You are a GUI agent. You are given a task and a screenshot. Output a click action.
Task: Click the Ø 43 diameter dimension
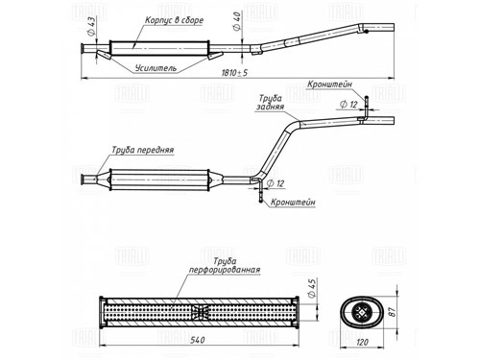click(91, 26)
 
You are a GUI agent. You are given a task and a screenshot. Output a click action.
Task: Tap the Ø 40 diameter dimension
click(237, 21)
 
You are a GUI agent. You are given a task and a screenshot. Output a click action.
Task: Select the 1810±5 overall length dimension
click(234, 73)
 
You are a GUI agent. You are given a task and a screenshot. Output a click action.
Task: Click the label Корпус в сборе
click(174, 20)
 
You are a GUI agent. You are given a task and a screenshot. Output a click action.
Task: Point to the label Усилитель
click(156, 68)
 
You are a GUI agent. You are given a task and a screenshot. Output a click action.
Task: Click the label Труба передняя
click(143, 150)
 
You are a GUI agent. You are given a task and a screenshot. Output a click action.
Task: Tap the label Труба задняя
click(270, 102)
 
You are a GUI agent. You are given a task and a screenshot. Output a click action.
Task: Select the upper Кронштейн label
click(329, 84)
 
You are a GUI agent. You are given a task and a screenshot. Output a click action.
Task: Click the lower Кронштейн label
click(293, 203)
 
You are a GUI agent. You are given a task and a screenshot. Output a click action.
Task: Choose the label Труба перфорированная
click(225, 266)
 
